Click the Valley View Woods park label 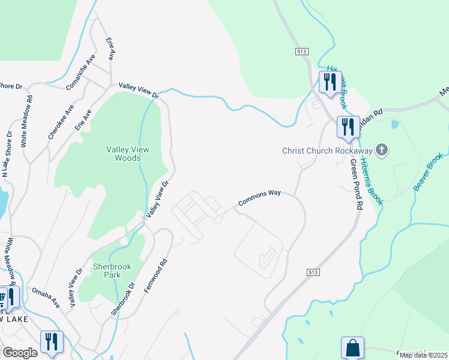[123, 154]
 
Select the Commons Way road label [259, 199]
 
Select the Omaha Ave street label [46, 297]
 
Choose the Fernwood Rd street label [155, 276]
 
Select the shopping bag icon [352, 347]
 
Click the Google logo [20, 352]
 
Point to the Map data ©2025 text [423, 355]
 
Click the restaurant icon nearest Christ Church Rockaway [348, 127]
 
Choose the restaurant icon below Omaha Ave [52, 341]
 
